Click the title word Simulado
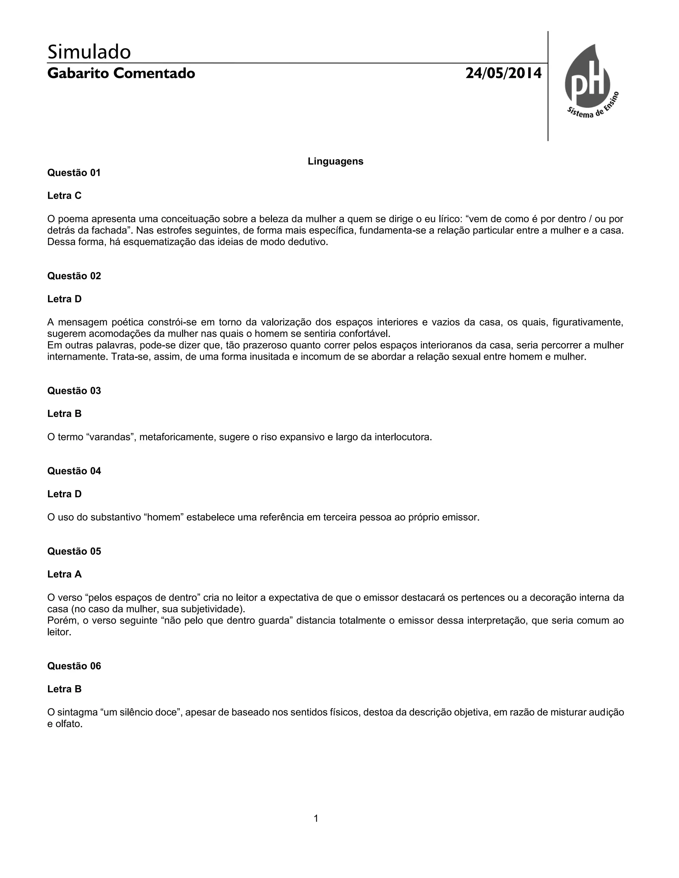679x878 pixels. tap(89, 52)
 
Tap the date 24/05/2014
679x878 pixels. tap(503, 74)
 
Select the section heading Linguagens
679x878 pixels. tap(336, 161)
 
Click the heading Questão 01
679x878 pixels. tap(74, 173)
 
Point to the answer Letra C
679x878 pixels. tap(64, 196)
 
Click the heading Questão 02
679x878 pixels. tap(74, 276)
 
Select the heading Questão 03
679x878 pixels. tap(74, 391)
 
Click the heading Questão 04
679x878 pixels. tap(74, 471)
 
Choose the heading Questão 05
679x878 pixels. tap(74, 551)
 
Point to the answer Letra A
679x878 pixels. tap(64, 574)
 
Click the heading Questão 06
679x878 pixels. tap(74, 666)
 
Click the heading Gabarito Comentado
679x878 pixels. tap(121, 74)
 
